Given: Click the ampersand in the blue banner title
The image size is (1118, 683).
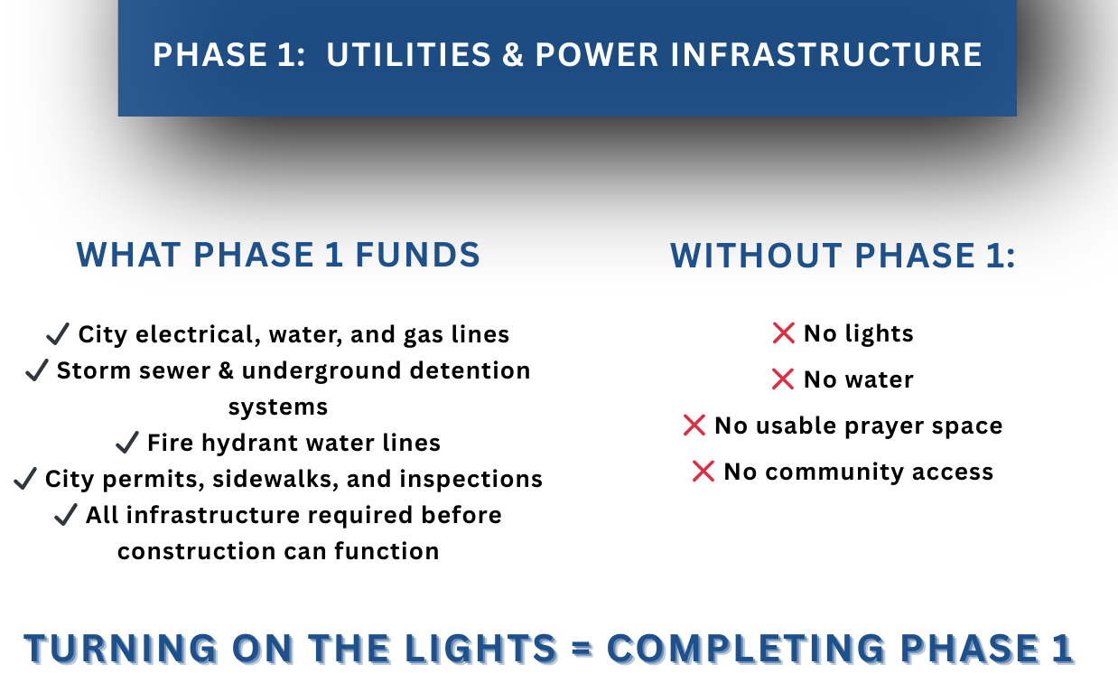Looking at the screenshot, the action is click(513, 54).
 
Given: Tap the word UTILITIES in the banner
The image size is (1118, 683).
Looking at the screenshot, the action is click(409, 54).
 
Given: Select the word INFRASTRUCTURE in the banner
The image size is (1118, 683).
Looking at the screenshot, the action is click(826, 54).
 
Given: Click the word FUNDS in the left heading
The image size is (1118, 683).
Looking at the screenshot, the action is click(417, 255).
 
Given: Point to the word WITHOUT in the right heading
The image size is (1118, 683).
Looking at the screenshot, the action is click(756, 256).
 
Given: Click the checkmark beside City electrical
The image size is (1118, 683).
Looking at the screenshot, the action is click(58, 333).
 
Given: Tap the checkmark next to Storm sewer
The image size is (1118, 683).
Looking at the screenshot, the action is click(36, 370).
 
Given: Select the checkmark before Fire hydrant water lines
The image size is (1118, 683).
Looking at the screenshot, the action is click(126, 442).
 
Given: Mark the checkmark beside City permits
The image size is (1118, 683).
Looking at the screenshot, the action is click(25, 478).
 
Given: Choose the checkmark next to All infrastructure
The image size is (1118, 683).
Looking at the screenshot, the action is click(65, 514).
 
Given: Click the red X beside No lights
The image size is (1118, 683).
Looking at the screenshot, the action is click(783, 333).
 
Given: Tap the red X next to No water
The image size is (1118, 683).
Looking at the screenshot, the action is click(783, 379).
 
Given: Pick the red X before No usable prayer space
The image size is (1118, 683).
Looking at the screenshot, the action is click(694, 426).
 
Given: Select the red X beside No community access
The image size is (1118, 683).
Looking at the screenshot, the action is click(703, 472).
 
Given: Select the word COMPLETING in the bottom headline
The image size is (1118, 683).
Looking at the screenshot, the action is click(746, 648).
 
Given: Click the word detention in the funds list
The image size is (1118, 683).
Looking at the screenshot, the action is click(470, 370).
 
